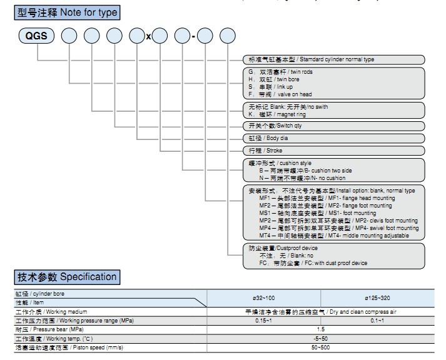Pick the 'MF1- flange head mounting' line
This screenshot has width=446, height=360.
click(x=325, y=197)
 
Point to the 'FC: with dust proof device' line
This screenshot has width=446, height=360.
click(x=313, y=263)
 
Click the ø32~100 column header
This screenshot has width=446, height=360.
click(x=263, y=297)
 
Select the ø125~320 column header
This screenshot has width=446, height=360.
click(x=378, y=297)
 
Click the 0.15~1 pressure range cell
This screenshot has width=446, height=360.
click(x=263, y=320)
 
